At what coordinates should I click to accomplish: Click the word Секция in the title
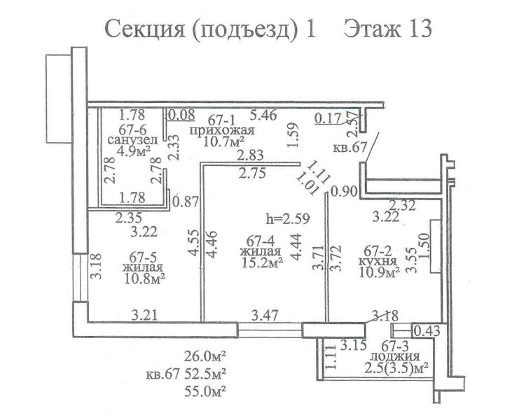(144, 29)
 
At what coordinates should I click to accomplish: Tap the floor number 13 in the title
(419, 29)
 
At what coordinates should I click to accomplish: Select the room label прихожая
(222, 131)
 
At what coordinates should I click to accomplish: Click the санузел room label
(132, 140)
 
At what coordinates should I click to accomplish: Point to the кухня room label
(378, 261)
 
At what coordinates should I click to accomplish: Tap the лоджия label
(396, 356)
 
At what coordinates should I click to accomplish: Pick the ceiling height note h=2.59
(287, 218)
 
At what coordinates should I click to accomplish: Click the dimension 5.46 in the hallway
(263, 115)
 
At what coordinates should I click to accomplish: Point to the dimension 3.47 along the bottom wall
(265, 315)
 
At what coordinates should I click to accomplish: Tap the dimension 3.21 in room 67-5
(145, 315)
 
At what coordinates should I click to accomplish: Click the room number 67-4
(261, 241)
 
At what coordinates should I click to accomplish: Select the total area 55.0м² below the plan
(205, 391)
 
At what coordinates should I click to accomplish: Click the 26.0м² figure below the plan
(205, 356)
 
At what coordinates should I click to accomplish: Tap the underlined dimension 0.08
(181, 115)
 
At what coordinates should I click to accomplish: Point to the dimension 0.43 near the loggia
(427, 331)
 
